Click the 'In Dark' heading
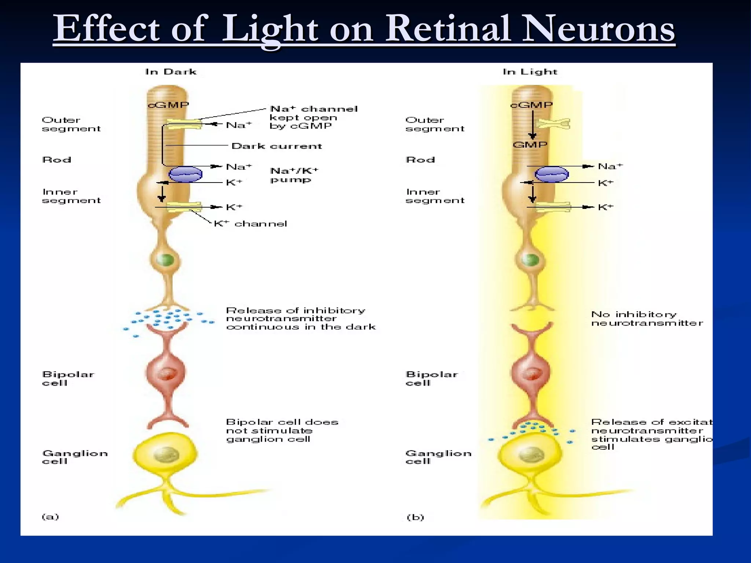(171, 72)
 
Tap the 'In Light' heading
(530, 72)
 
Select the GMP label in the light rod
(530, 145)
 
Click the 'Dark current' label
(277, 146)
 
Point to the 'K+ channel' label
(250, 224)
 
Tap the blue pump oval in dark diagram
(186, 174)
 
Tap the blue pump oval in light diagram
(552, 174)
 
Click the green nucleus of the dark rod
(165, 260)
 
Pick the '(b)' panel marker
(415, 518)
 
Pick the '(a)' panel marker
(50, 517)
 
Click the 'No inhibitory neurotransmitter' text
(647, 319)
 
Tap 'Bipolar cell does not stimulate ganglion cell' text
(282, 431)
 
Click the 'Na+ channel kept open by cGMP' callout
(313, 117)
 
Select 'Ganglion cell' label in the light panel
(438, 457)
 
